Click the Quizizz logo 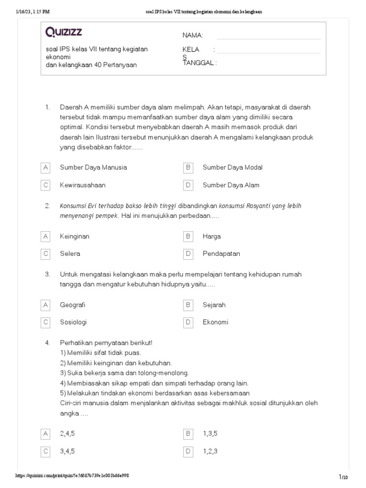pyautogui.click(x=63, y=32)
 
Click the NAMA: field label pyautogui.click(x=193, y=36)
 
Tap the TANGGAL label pyautogui.click(x=199, y=63)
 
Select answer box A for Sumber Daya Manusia pyautogui.click(x=46, y=168)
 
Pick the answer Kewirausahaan pyautogui.click(x=82, y=185)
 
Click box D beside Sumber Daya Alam pyautogui.click(x=188, y=185)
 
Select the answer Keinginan pyautogui.click(x=74, y=236)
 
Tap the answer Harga pyautogui.click(x=212, y=236)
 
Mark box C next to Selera pyautogui.click(x=46, y=254)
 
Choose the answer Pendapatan pyautogui.click(x=221, y=254)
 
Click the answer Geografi pyautogui.click(x=72, y=305)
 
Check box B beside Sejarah pyautogui.click(x=188, y=305)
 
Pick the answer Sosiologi pyautogui.click(x=73, y=322)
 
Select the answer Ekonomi pyautogui.click(x=215, y=322)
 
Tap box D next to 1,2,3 pyautogui.click(x=188, y=451)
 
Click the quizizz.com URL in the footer pyautogui.click(x=72, y=476)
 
